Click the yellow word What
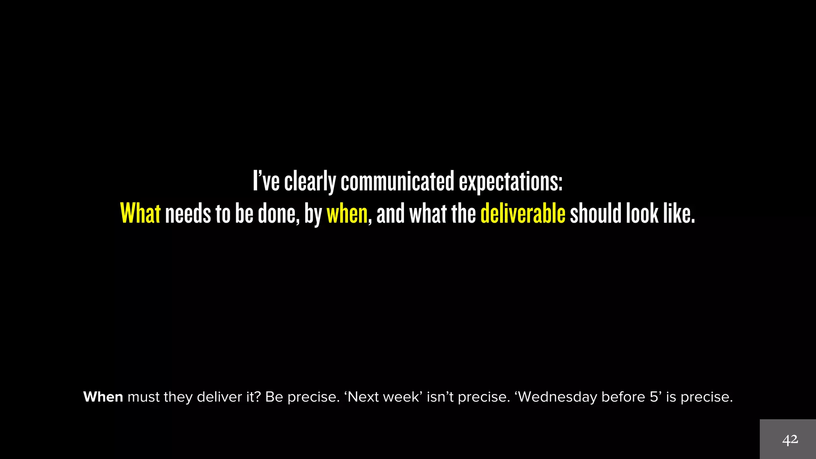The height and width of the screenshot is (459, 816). (140, 213)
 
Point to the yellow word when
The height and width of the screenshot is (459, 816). (347, 214)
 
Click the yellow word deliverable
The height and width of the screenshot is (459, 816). (523, 213)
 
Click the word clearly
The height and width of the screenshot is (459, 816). (310, 181)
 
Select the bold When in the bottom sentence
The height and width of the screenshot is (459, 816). (103, 397)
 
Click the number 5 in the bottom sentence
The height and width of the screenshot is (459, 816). (653, 397)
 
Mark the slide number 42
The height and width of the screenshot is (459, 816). (790, 440)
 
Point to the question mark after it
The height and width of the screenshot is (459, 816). (258, 397)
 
